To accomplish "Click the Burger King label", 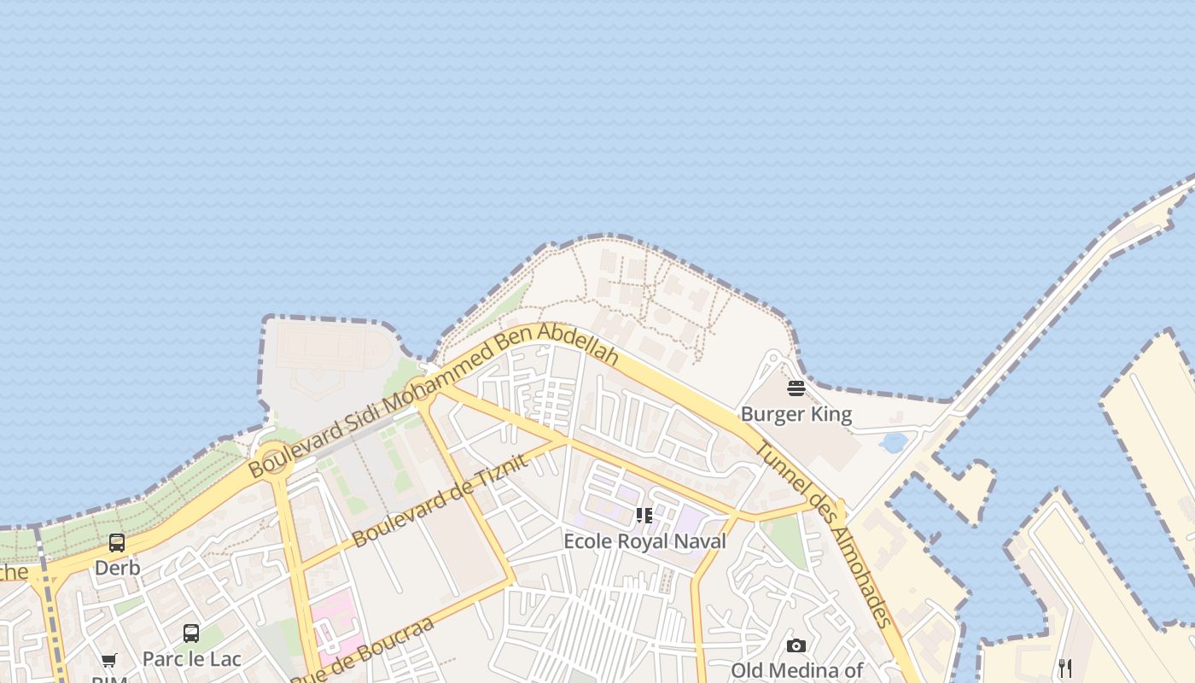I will click(x=796, y=414).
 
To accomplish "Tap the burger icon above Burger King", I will click(x=796, y=389).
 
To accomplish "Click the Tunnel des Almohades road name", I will click(x=825, y=535).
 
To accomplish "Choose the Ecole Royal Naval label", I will click(x=644, y=541).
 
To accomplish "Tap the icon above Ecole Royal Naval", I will click(x=644, y=516).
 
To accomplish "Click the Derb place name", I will click(x=117, y=568).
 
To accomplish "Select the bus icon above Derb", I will click(x=117, y=543).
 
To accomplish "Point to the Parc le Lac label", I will click(x=191, y=659).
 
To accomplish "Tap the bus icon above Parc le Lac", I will click(x=191, y=633).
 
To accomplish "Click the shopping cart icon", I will click(x=109, y=660).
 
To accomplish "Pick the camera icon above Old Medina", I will click(x=796, y=645).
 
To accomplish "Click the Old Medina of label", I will click(x=796, y=670).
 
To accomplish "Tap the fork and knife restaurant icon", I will click(x=1064, y=668).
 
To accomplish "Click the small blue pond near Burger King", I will click(x=893, y=442).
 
